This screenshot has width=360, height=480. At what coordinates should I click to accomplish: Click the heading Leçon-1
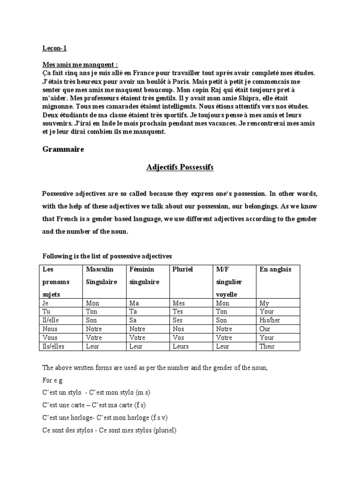tap(51, 48)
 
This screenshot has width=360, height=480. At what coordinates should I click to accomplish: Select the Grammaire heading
tap(63, 150)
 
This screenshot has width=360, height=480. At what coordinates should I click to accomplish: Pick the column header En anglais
tap(275, 270)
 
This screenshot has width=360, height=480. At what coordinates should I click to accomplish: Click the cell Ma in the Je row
tap(133, 303)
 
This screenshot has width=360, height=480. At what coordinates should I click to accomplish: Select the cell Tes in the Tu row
tap(178, 312)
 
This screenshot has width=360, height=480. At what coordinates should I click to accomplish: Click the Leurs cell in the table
tap(180, 346)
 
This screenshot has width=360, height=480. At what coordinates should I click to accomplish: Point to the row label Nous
tap(50, 329)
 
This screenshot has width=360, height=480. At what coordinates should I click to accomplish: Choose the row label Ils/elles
tap(54, 346)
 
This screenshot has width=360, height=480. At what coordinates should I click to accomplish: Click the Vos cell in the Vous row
tap(178, 337)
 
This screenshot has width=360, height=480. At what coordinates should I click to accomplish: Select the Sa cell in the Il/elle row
tap(132, 321)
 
